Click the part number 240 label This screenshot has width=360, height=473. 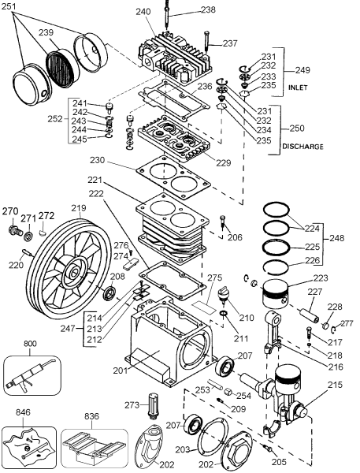point(143,11)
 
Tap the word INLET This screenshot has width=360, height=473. point(298,87)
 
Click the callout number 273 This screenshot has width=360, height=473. point(132,404)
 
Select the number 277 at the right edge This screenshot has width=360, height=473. point(347,323)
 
